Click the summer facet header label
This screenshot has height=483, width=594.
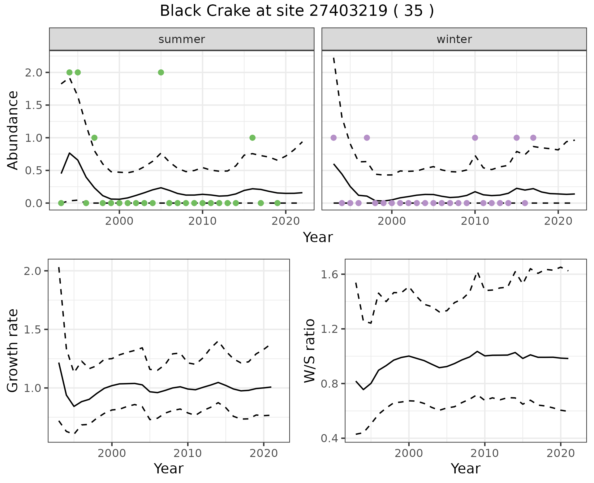point(182,39)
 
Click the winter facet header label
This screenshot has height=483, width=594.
point(454,39)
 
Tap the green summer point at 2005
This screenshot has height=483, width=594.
point(161,72)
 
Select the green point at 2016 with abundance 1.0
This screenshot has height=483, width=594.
point(252,138)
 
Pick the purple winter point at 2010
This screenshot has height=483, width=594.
point(475,138)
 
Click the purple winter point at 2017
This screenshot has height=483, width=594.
point(533,138)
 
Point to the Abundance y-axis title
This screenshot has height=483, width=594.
point(13,130)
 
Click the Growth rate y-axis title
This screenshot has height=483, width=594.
point(13,351)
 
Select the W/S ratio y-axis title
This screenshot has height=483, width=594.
point(310,351)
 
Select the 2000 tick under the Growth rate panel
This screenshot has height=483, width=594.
point(112,453)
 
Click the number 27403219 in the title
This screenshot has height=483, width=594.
point(348,11)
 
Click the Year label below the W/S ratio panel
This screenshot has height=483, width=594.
point(465,468)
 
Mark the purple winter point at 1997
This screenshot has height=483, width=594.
point(367,138)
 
